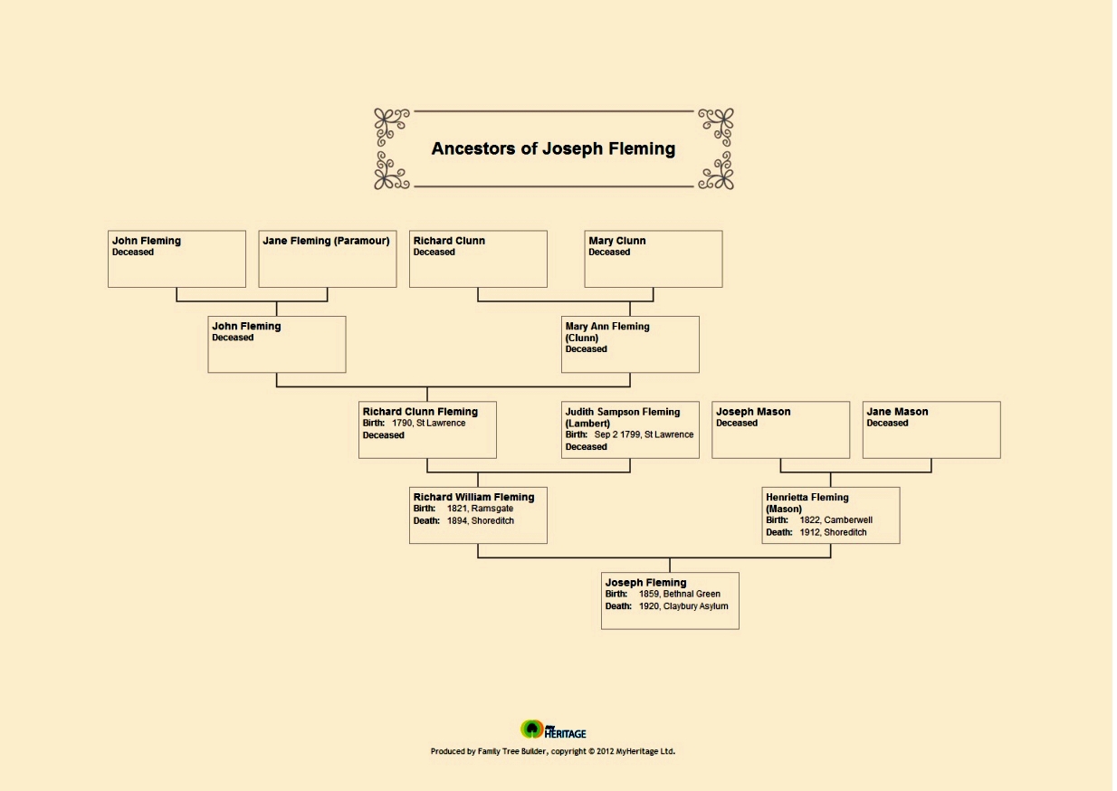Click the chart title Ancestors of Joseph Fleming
pyautogui.click(x=553, y=148)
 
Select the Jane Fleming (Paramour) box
pyautogui.click(x=327, y=259)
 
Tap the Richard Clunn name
pyautogui.click(x=449, y=241)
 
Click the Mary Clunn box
pyautogui.click(x=653, y=259)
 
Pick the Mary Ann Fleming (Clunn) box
pyautogui.click(x=630, y=344)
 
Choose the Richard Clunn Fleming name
pyautogui.click(x=420, y=412)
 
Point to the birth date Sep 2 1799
pyautogui.click(x=616, y=434)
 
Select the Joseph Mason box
pyautogui.click(x=780, y=430)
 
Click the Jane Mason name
pyautogui.click(x=897, y=412)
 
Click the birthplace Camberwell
pyautogui.click(x=848, y=520)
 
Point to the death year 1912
pyautogui.click(x=810, y=532)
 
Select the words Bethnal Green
pyautogui.click(x=692, y=594)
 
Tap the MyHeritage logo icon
pyautogui.click(x=531, y=729)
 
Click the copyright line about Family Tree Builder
pyautogui.click(x=553, y=751)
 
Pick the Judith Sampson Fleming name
pyautogui.click(x=622, y=412)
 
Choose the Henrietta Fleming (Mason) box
pyautogui.click(x=830, y=515)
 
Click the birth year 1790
pyautogui.click(x=402, y=423)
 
